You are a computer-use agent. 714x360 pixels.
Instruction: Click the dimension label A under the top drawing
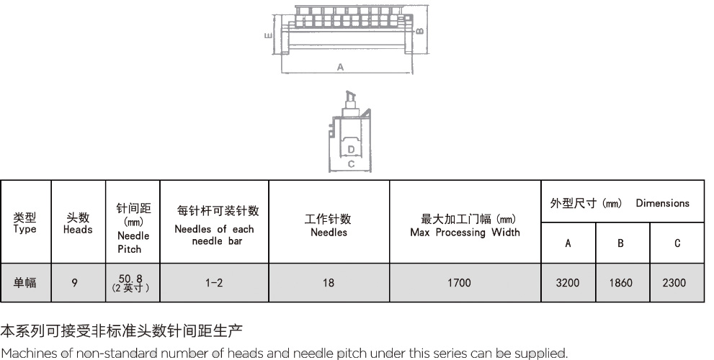(341, 67)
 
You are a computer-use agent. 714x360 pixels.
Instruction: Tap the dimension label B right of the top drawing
(419, 30)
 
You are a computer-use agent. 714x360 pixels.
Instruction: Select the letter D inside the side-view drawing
(350, 149)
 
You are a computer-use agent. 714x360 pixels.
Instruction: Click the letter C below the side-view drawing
(350, 164)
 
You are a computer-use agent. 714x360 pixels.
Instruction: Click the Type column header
(24, 223)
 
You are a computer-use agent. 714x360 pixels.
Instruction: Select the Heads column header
(78, 223)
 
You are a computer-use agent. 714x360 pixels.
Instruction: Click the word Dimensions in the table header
(662, 203)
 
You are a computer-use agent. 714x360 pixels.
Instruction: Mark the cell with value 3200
(568, 283)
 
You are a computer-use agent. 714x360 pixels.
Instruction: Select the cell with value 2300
(676, 283)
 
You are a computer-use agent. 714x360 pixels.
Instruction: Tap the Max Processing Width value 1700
(459, 283)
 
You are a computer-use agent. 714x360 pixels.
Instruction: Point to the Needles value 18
(329, 283)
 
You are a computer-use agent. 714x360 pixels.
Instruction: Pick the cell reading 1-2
(213, 283)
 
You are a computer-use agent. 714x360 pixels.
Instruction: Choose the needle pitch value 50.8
(130, 279)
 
